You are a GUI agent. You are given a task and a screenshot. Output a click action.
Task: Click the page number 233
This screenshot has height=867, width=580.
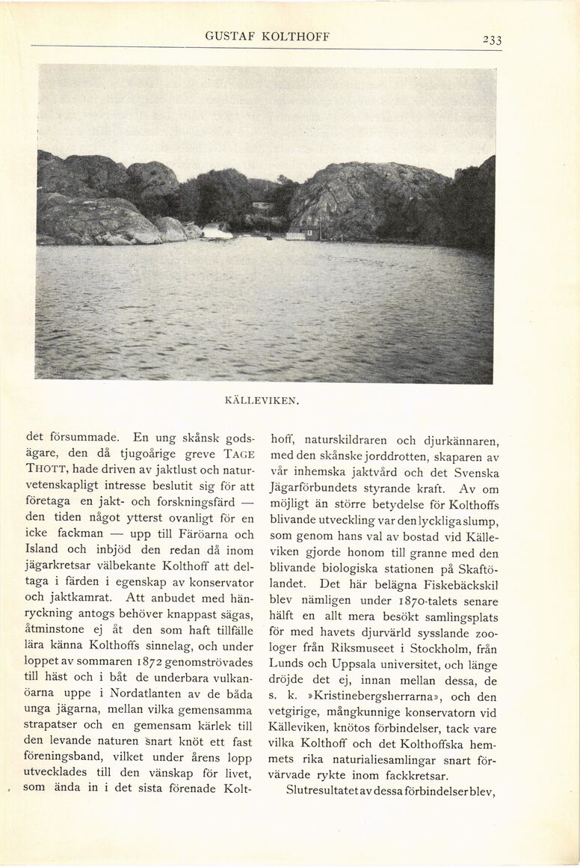[x=491, y=40]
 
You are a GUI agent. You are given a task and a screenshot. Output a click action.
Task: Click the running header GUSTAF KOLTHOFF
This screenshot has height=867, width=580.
[x=267, y=37]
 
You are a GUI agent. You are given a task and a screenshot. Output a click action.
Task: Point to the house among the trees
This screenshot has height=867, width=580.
[x=261, y=205]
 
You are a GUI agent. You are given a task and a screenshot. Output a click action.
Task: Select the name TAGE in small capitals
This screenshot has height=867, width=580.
[x=239, y=454]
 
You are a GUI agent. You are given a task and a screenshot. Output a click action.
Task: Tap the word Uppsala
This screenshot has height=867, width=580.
[x=346, y=664]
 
